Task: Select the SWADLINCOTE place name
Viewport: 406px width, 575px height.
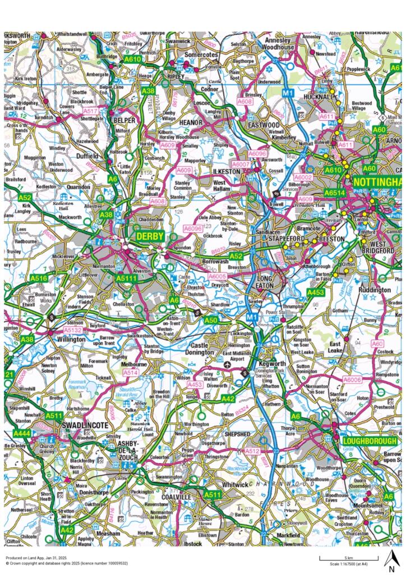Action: click(x=85, y=426)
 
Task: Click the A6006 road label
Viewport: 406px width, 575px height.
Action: click(x=352, y=380)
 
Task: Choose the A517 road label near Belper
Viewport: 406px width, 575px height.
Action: click(x=90, y=111)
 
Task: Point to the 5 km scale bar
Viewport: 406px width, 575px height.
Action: click(x=340, y=558)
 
